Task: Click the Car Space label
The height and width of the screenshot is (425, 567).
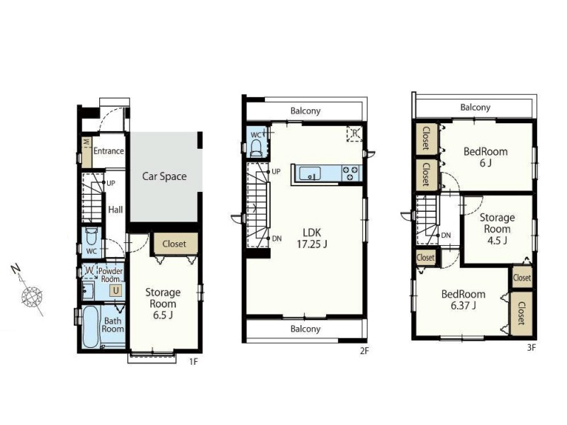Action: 164,176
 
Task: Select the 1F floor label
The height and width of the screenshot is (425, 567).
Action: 193,361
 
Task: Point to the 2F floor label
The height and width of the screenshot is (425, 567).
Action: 364,350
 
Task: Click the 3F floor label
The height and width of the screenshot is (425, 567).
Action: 531,348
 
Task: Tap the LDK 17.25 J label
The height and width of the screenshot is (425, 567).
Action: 312,238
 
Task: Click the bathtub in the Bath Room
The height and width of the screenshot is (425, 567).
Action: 91,327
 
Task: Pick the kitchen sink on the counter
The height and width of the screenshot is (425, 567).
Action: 310,173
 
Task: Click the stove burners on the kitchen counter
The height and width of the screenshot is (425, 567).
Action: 351,173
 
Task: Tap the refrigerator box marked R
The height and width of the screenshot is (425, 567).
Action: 354,134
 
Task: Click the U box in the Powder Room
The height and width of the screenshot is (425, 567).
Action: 116,290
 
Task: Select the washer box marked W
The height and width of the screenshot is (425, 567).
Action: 89,271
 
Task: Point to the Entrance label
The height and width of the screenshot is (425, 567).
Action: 108,151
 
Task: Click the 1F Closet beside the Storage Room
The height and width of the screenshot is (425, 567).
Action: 174,244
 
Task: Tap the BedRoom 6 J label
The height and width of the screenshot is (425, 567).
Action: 485,157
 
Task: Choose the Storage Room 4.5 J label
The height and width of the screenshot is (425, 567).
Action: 498,229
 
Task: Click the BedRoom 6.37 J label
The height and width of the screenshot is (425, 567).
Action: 464,300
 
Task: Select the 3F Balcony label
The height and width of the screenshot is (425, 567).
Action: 475,108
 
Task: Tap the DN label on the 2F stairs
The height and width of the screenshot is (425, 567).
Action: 276,239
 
